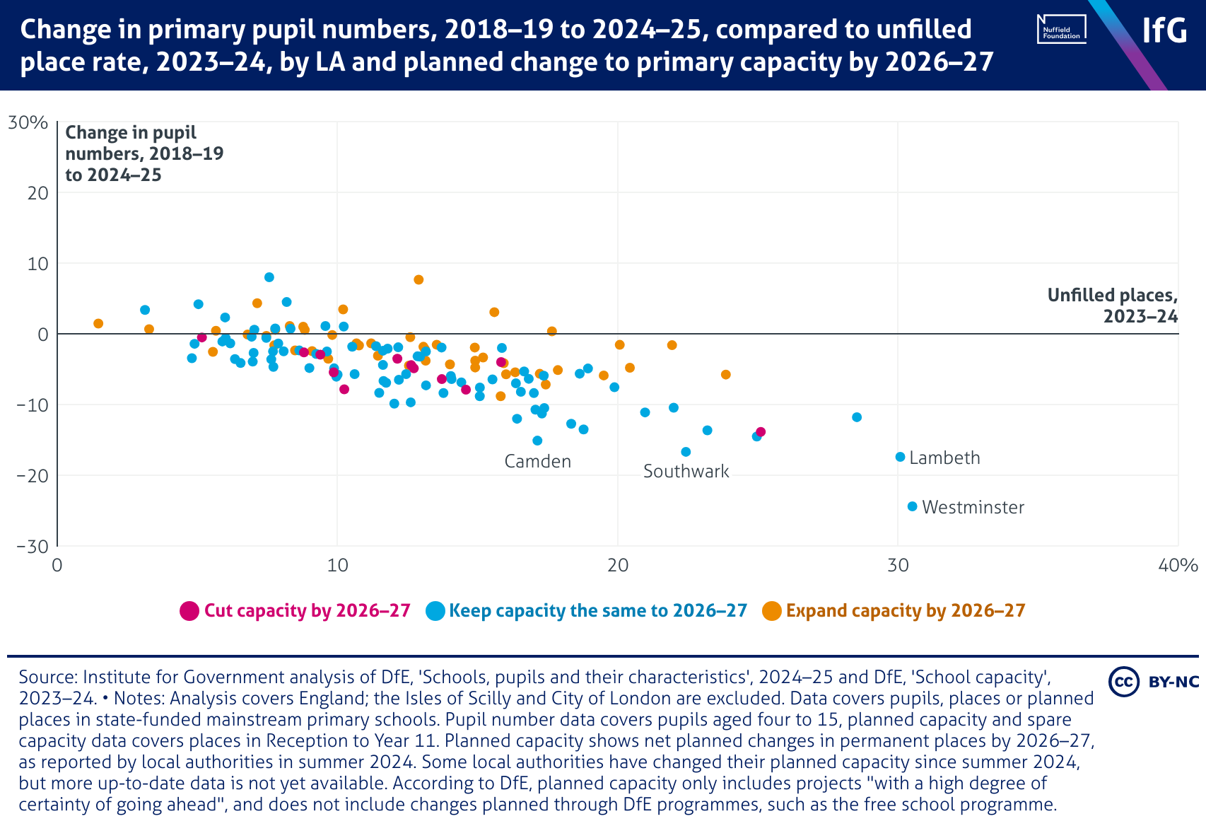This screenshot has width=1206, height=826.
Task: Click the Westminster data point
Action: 912,506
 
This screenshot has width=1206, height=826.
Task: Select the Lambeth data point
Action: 900,457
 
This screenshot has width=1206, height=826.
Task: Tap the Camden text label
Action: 537,462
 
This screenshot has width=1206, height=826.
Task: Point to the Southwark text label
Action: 686,472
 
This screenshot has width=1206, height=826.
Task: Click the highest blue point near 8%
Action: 269,277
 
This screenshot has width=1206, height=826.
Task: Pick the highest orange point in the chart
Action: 418,279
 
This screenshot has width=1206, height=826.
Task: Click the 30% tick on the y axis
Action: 28,123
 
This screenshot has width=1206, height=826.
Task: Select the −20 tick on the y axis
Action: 32,476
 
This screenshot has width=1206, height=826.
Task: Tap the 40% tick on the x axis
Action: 1178,566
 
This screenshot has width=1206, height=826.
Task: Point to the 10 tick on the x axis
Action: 337,566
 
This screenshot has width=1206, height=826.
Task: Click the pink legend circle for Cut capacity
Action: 189,611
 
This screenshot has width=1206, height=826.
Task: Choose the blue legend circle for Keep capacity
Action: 435,611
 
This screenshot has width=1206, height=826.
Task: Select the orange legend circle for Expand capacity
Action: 772,611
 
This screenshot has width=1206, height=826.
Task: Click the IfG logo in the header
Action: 1164,30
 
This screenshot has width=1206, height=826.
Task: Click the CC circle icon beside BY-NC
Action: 1123,682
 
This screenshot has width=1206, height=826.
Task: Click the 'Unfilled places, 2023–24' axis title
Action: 1112,306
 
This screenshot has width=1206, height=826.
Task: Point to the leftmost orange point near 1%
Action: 98,323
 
